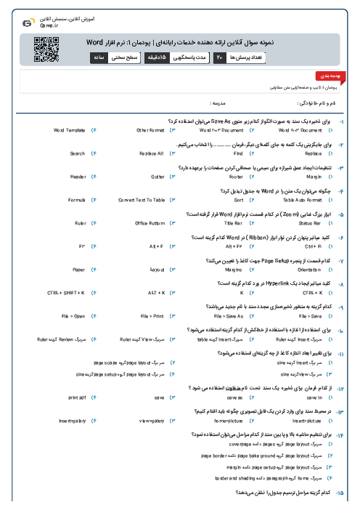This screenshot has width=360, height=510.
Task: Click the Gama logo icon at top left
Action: [x=28, y=23]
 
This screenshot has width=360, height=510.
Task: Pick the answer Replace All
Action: [x=151, y=153]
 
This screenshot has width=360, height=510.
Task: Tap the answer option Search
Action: [x=78, y=153]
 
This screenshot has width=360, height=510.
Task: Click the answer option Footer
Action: [x=236, y=177]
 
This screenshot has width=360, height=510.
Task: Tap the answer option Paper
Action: [x=79, y=269]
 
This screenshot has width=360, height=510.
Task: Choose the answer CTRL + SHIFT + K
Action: [x=66, y=292]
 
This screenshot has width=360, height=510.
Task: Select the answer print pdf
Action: [x=77, y=398]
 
